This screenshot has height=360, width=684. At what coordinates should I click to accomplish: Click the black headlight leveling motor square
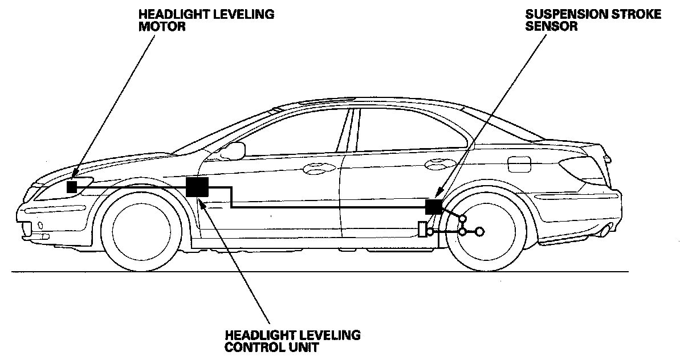(72, 187)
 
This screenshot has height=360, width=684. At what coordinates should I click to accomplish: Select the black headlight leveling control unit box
(197, 187)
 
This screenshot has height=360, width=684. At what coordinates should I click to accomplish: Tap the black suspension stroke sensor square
(433, 206)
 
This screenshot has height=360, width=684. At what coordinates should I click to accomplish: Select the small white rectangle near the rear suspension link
(422, 230)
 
